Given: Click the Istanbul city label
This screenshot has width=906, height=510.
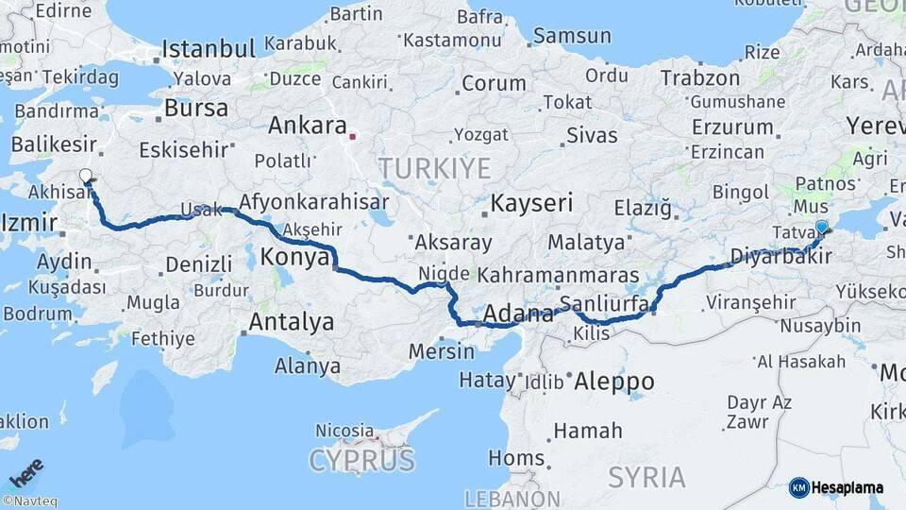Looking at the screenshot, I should pos(209,49).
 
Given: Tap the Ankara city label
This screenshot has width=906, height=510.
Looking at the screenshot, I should pos(308,126).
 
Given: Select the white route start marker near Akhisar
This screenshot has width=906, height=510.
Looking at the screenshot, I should pos(86,176).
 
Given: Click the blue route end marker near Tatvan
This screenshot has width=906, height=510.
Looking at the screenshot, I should pos(821,227).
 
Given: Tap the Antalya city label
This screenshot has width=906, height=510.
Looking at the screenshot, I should pos(291,322).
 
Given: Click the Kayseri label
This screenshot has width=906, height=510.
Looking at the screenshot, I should pos(531,203).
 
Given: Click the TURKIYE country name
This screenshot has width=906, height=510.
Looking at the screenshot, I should pos(434,169).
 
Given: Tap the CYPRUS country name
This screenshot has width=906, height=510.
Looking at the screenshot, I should pos(361,461).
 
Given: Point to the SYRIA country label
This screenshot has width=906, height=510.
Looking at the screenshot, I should pos(646,478).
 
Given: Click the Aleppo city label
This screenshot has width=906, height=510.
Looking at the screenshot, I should pos(613,382).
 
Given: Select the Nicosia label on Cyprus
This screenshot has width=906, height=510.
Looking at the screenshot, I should pos(344,431).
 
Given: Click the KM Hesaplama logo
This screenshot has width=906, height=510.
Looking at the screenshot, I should pos(836,487).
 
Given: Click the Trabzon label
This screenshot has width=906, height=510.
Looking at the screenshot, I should pos(699,78).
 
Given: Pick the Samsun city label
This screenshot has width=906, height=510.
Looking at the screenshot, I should pos(572,37).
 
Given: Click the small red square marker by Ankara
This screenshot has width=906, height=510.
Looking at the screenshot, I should pos(353,136).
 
